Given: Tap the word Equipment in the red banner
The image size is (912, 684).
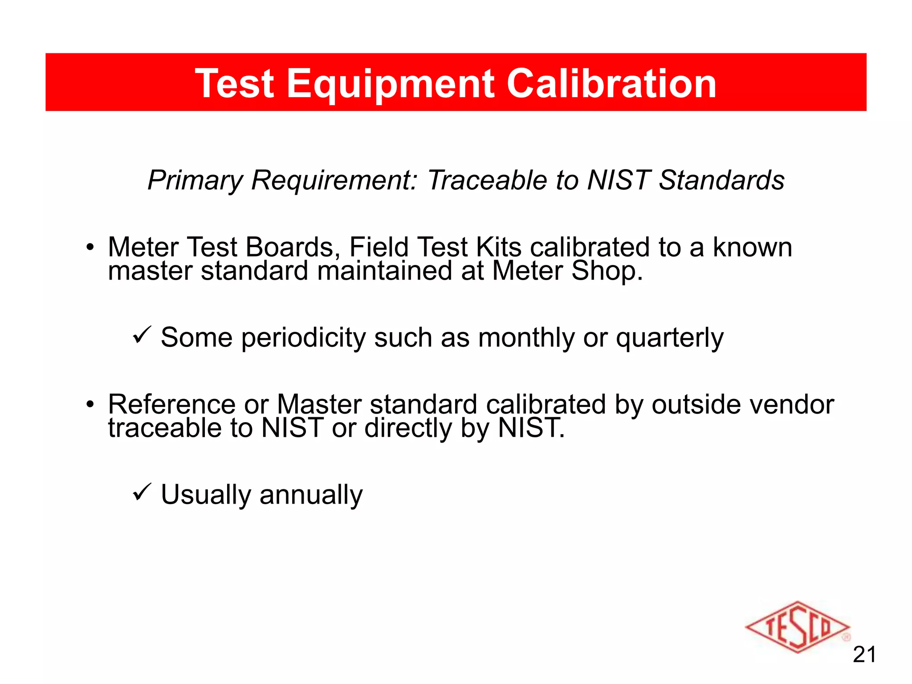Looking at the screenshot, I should tap(391, 84).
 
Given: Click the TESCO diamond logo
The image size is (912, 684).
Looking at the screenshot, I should tap(797, 627).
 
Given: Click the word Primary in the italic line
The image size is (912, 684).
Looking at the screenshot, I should tap(195, 181).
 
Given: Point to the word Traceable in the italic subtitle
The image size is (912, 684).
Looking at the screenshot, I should tap(487, 180).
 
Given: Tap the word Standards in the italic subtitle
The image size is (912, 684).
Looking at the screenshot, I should tap(721, 180).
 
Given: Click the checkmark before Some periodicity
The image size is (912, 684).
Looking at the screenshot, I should tap(142, 334).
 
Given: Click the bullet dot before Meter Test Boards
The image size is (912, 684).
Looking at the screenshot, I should tap(90, 247).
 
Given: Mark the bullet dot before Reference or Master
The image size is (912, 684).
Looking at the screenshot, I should tap(90, 404).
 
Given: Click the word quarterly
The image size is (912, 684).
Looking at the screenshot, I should tap(670, 338).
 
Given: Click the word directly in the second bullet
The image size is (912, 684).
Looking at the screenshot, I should tap(408, 428).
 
